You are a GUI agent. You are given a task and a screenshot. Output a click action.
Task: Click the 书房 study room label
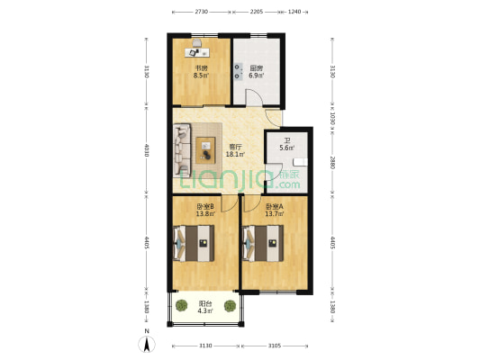tap(201, 68)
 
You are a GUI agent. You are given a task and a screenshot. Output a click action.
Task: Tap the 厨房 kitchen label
tap(256, 68)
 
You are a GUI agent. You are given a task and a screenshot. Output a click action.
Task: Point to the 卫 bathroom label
tap(287, 139)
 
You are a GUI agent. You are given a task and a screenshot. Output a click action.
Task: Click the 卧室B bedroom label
tap(204, 207)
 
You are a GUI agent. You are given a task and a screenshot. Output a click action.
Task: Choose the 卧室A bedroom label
tap(275, 207)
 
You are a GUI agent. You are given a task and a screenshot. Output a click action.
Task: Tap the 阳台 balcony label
tap(204, 304)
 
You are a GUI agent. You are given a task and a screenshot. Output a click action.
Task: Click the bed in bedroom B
tap(195, 240)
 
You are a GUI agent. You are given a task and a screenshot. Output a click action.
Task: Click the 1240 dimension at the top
tap(295, 12)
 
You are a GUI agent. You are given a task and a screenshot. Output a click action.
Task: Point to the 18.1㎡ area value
tap(233, 154)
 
